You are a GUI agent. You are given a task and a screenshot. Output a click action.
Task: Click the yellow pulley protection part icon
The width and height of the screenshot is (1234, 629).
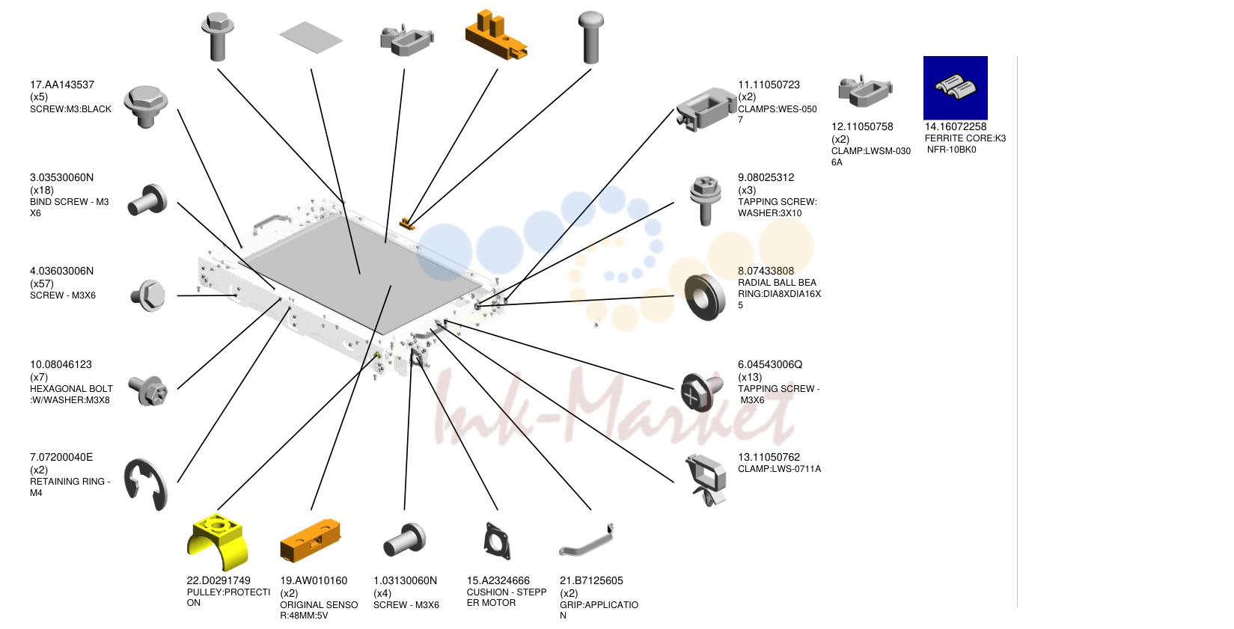(218, 541)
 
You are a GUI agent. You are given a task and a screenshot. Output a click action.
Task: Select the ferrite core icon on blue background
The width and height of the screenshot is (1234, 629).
(956, 88)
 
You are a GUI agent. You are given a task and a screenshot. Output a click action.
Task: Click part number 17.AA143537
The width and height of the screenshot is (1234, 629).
(61, 85)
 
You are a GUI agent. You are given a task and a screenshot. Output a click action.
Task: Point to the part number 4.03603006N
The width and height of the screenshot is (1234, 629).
(61, 271)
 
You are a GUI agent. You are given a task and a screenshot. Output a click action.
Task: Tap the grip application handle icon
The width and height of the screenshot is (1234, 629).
(587, 541)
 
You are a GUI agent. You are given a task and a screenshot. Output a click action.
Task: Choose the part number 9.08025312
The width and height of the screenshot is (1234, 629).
(766, 177)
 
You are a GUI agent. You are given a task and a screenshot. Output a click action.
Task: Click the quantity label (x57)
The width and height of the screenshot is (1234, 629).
(41, 283)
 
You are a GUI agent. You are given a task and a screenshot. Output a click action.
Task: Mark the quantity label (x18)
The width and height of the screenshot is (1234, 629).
(41, 190)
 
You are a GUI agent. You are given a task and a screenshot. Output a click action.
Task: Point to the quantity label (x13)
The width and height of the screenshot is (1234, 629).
(750, 377)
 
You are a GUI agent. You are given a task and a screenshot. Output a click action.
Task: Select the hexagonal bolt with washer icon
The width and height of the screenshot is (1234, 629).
(147, 390)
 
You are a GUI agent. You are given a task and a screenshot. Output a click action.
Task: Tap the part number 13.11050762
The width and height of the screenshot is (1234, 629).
(769, 457)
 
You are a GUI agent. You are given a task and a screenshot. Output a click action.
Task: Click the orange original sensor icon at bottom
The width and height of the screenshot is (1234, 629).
(310, 540)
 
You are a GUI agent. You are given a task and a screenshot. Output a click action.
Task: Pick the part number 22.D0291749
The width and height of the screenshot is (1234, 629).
(219, 580)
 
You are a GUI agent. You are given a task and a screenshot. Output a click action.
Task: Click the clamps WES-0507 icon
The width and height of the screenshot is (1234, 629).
(706, 109)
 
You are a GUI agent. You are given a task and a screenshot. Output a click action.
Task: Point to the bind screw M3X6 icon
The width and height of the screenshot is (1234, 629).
(147, 200)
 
